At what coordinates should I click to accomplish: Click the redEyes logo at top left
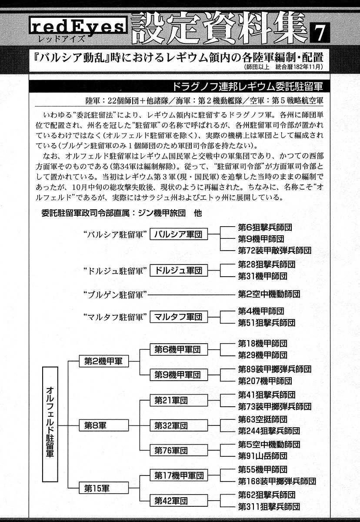point(77,29)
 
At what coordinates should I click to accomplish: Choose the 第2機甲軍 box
point(103,361)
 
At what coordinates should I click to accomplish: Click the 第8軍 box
point(103,425)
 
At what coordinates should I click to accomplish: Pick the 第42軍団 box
point(171,500)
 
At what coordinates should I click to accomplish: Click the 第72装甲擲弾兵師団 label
point(274,251)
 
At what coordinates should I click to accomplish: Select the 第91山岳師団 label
point(262,456)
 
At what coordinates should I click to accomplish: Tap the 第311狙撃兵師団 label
point(269,507)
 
